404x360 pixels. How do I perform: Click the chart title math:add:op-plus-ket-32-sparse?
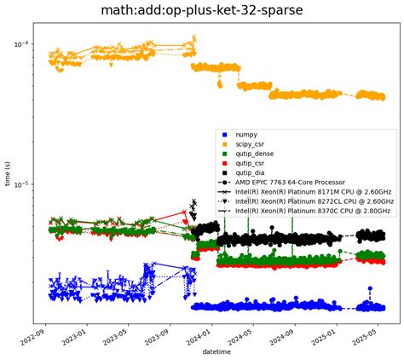[202, 11]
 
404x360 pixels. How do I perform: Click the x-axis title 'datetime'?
[214, 351]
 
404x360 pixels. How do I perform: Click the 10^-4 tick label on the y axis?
[20, 44]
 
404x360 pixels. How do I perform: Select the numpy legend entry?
[247, 135]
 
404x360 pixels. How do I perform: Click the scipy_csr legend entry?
[251, 146]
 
